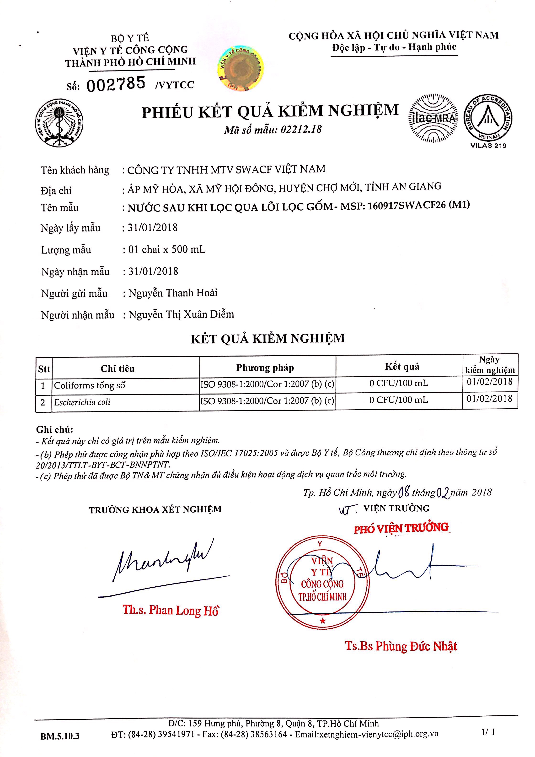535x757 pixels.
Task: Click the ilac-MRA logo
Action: tap(433, 119)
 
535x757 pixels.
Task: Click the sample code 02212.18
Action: tap(301, 129)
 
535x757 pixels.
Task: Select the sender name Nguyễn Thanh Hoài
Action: tap(173, 293)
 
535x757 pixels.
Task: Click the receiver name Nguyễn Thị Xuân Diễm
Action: tap(181, 314)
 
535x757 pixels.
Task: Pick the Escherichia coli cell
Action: tap(82, 402)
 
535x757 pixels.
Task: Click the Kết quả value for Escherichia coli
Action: tap(399, 400)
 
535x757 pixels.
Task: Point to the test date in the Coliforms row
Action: tap(490, 382)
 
